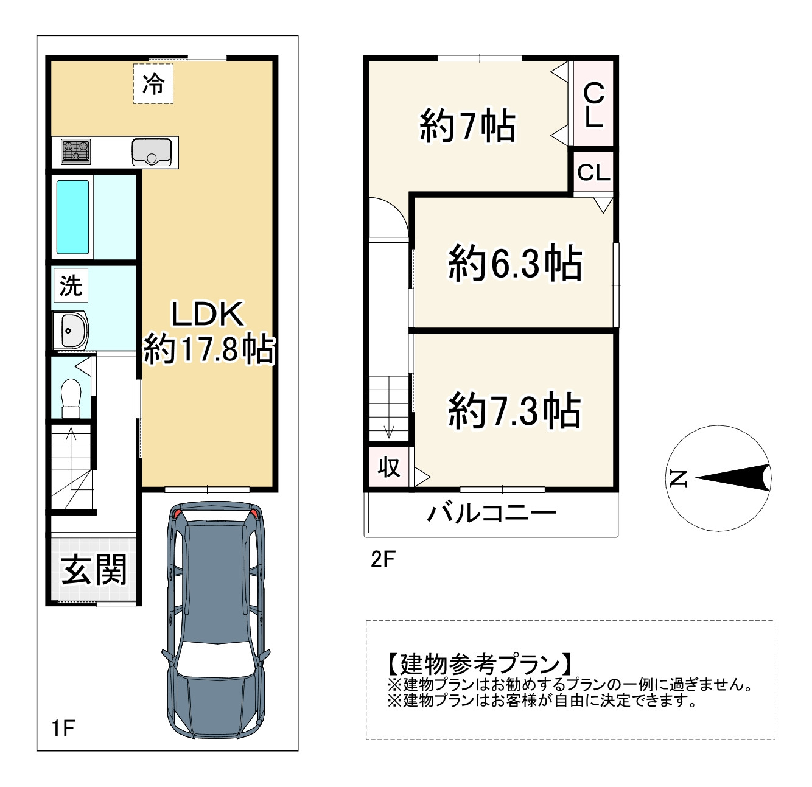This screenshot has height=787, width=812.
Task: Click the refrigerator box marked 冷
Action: click(153, 83)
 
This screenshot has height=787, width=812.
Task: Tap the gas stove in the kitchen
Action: click(76, 152)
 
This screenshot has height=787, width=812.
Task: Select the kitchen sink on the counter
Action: click(152, 152)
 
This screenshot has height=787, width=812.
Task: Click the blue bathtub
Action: click(73, 217)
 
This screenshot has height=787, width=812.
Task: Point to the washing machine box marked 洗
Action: click(71, 285)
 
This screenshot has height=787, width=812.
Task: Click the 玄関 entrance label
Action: click(94, 570)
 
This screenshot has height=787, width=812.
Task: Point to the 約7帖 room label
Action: click(467, 126)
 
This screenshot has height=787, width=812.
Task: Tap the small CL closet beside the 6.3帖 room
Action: click(593, 173)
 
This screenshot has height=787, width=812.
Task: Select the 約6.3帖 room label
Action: click(515, 264)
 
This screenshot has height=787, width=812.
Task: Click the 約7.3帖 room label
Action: click(514, 411)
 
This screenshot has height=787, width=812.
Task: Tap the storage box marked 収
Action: click(389, 467)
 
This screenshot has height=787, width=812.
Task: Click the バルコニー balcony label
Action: click(491, 513)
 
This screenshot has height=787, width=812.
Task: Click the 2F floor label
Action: click(383, 559)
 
